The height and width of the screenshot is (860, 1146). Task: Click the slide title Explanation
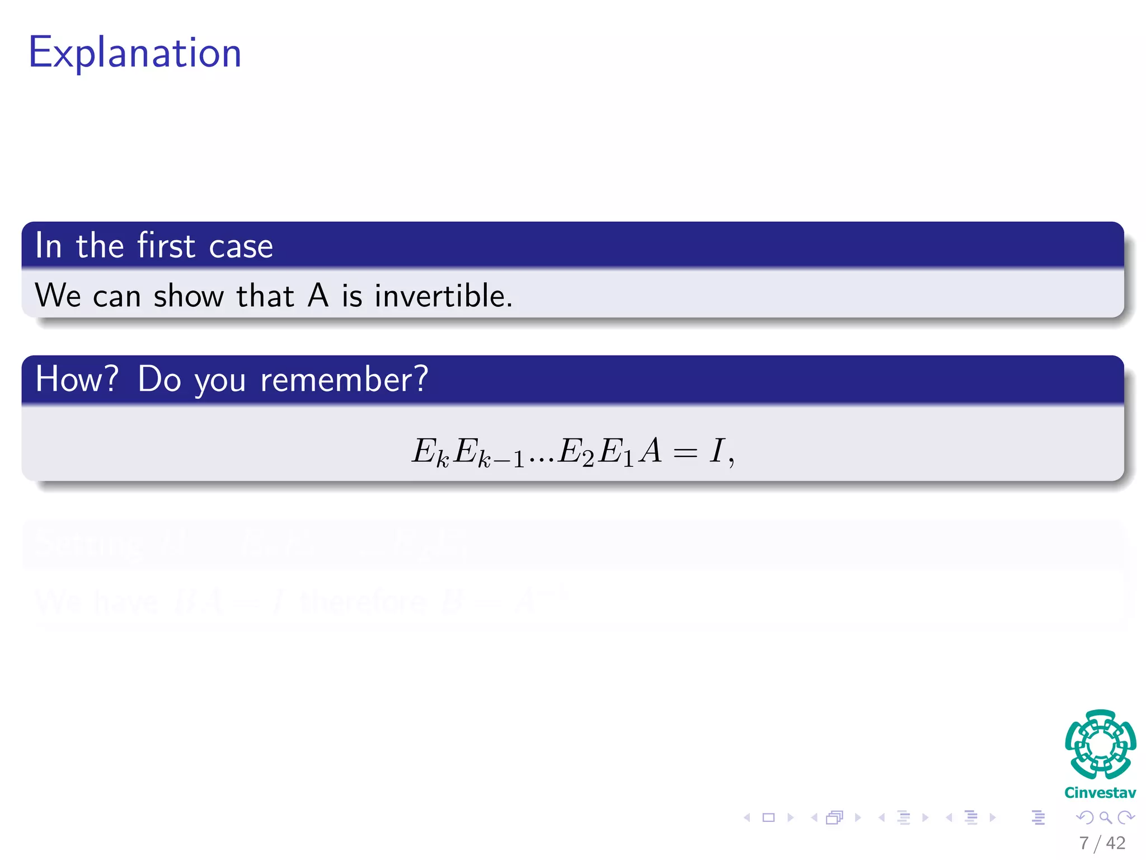[x=134, y=53]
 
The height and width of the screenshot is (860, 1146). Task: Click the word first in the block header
[x=166, y=246]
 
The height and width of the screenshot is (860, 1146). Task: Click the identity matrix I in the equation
[x=716, y=450]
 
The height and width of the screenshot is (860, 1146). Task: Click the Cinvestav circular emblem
[x=1100, y=744]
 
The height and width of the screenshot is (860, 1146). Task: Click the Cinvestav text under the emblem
[x=1100, y=793]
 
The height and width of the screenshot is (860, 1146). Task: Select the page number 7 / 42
[x=1102, y=843]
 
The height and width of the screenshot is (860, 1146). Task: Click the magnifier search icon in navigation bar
[x=1105, y=817]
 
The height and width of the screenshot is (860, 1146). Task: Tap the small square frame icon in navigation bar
[x=768, y=817]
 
